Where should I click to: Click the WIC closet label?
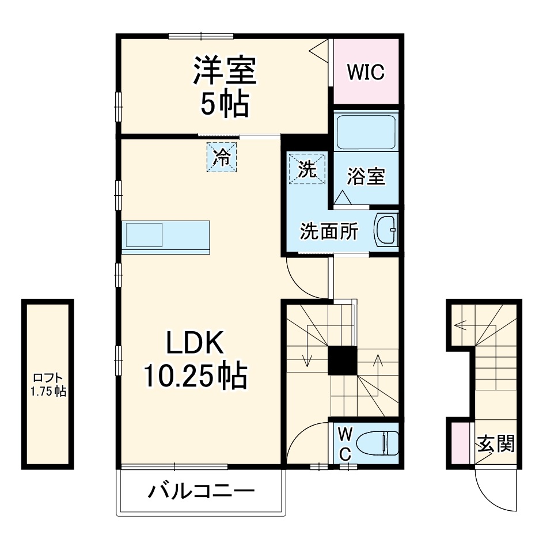[x=366, y=73]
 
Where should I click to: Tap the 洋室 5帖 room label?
[x=225, y=86]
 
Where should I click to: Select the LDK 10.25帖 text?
[x=195, y=360]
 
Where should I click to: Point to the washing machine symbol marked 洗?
[x=307, y=169]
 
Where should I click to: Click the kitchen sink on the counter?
[x=145, y=235]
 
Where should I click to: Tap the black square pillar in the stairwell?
[x=342, y=361]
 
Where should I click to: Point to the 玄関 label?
[x=495, y=443]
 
